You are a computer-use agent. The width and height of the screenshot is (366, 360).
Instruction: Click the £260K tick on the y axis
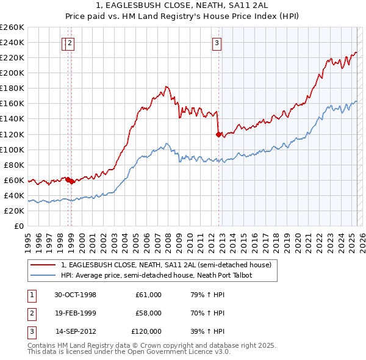[12, 27]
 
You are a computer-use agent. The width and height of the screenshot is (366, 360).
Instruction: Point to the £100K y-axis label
[12, 149]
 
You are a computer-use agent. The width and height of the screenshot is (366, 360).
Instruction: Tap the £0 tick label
[19, 226]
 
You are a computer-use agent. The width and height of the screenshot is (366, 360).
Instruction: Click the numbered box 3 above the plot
[217, 43]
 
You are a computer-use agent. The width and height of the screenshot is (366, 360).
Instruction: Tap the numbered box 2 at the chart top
[71, 43]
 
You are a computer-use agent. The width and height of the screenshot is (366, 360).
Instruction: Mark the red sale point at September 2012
[218, 134]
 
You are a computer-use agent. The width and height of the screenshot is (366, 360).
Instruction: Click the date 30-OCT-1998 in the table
[76, 295]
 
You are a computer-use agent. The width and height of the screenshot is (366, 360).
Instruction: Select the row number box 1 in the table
[31, 295]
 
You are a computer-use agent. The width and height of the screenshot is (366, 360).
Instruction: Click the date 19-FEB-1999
[76, 313]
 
